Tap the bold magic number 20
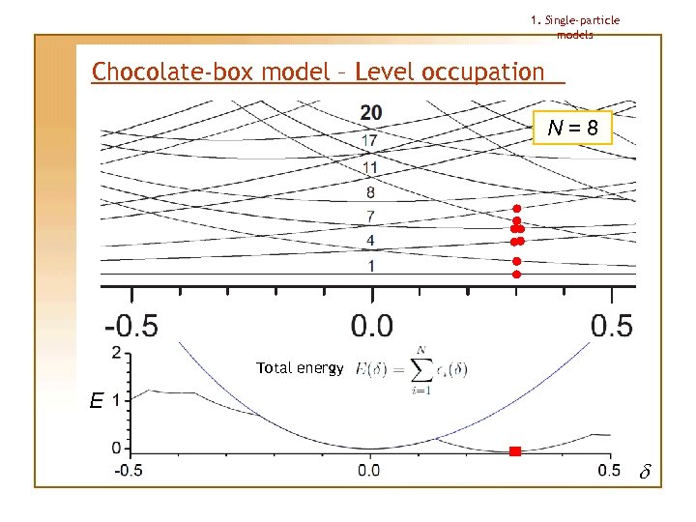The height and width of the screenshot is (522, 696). pos(370,113)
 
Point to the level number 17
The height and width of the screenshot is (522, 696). pos(370,141)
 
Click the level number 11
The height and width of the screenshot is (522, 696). pos(370,167)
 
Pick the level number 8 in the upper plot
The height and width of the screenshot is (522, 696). pos(370,191)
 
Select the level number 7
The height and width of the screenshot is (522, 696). pos(370,216)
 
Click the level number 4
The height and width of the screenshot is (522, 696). pos(370,240)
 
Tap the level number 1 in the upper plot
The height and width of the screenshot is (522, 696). pos(370,265)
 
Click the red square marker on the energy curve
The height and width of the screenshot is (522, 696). pos(515,451)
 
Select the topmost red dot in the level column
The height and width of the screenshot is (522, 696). pos(516,209)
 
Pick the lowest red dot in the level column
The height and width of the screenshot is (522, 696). pos(516,275)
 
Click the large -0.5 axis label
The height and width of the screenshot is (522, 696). pos(131,325)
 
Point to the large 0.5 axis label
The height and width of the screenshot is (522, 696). pos(611,325)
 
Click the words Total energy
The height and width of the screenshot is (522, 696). pos(300,368)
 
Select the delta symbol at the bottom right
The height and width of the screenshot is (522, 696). pos(646,473)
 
